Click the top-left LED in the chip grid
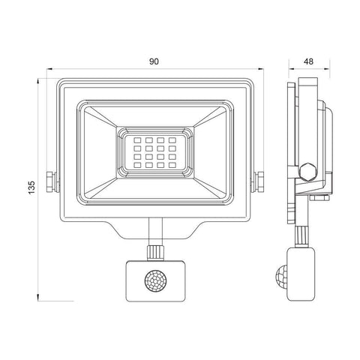coord(129,140)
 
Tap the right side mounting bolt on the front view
coord(259,180)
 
